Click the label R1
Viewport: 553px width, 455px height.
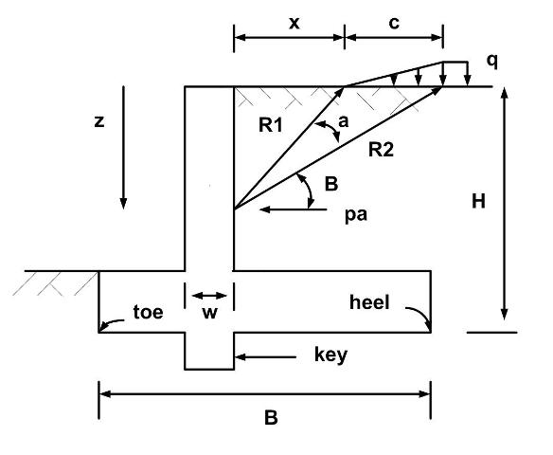(x=271, y=125)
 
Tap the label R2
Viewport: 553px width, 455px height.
(x=381, y=150)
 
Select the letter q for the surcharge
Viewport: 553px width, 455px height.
(x=492, y=62)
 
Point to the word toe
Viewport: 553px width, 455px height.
(x=148, y=312)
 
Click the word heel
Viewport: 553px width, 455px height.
(x=369, y=302)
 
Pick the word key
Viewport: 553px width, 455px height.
(x=330, y=355)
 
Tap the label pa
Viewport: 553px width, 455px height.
(x=356, y=214)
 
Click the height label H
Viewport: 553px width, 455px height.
(x=478, y=202)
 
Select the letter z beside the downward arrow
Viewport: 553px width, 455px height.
(x=99, y=121)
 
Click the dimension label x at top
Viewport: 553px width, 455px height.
(x=294, y=24)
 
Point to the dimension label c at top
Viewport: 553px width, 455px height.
(x=394, y=23)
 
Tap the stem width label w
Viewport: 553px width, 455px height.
(x=210, y=313)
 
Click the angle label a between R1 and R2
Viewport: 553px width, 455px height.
(x=343, y=121)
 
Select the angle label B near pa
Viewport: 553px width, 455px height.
(x=331, y=184)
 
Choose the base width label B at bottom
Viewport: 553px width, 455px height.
(x=271, y=417)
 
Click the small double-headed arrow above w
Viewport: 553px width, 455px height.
(x=209, y=296)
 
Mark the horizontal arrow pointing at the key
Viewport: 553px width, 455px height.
(x=265, y=357)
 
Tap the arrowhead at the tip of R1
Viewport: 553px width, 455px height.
(x=340, y=92)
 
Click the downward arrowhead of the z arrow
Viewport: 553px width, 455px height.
(x=123, y=203)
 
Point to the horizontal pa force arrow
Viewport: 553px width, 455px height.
(x=294, y=209)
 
